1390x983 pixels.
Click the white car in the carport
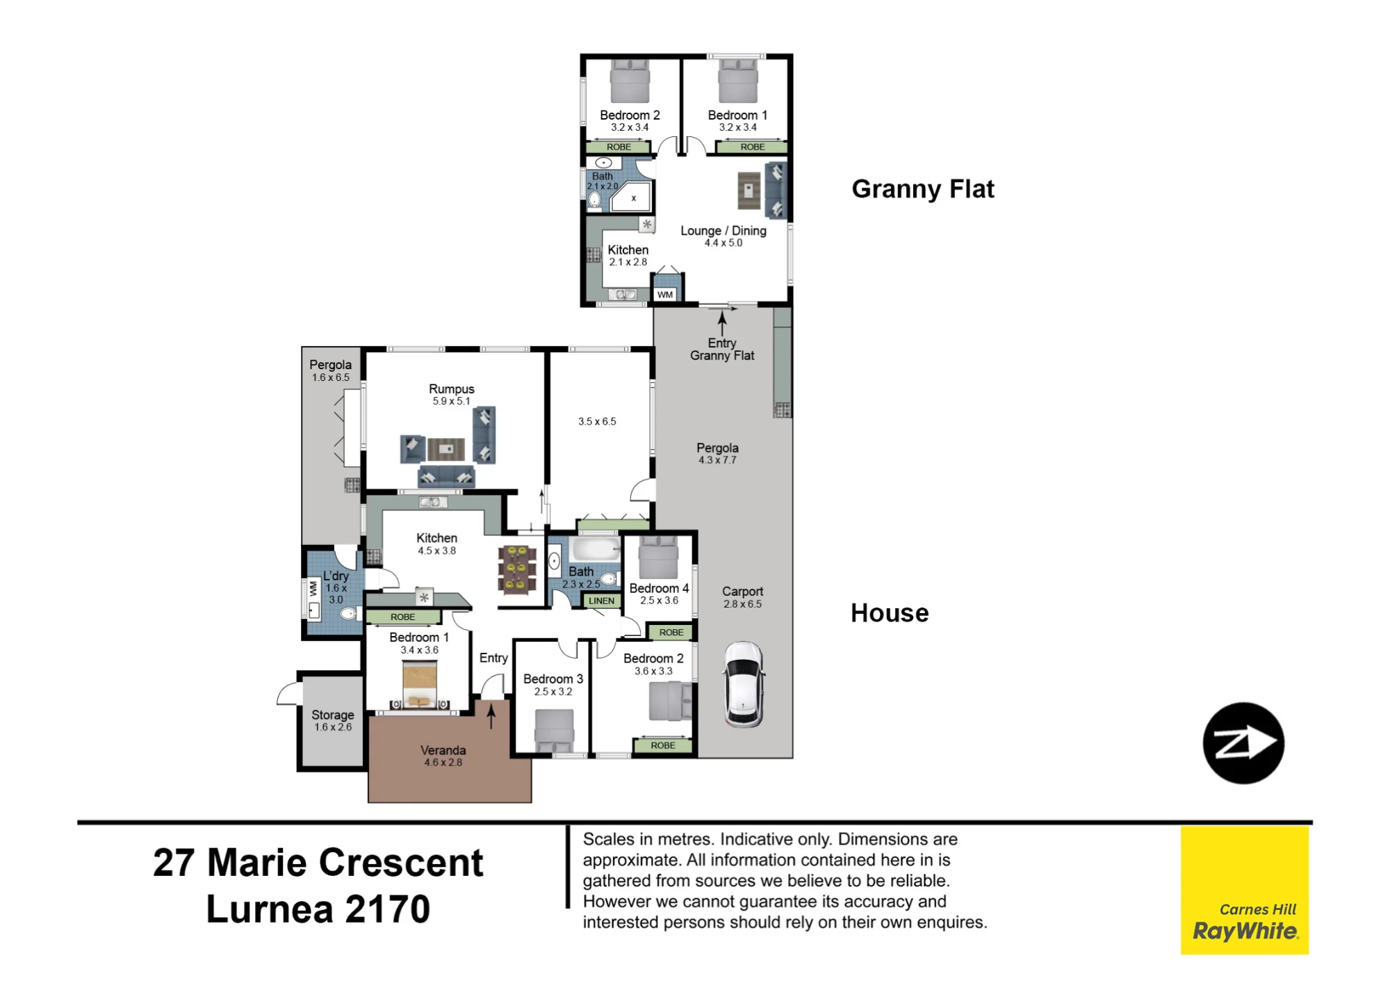(x=744, y=684)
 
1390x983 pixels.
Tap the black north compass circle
(x=1243, y=743)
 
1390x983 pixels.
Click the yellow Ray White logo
(x=1244, y=890)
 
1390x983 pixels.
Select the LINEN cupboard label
(x=601, y=601)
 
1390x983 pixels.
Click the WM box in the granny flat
(x=665, y=294)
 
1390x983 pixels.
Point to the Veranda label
(x=443, y=750)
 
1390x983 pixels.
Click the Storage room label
(x=332, y=715)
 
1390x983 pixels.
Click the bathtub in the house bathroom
(x=595, y=549)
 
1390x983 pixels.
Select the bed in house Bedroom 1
(x=420, y=684)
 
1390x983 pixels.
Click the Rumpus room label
(x=451, y=389)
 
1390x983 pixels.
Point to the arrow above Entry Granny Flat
(x=722, y=323)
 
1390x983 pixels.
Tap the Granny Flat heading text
(x=923, y=189)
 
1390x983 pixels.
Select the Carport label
(x=742, y=592)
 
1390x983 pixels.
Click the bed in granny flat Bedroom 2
(x=630, y=81)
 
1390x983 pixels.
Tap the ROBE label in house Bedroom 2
(x=663, y=745)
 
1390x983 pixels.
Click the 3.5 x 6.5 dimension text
(x=597, y=421)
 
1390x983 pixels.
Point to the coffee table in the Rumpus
(x=446, y=449)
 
